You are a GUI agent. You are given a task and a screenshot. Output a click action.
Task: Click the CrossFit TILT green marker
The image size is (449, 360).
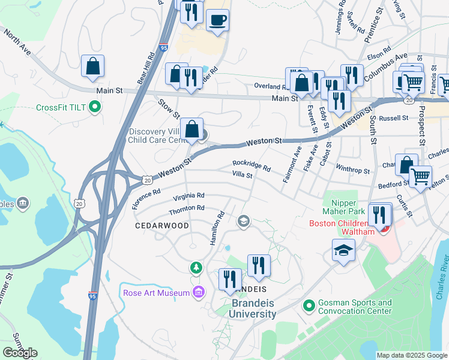click(x=94, y=108)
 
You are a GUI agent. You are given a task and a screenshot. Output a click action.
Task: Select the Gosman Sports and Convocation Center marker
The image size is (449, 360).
click(x=309, y=307)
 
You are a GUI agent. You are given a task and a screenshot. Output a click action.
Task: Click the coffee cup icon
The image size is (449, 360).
click(x=217, y=20)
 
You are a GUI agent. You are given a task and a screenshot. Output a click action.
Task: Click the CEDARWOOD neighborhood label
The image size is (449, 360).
click(x=161, y=226)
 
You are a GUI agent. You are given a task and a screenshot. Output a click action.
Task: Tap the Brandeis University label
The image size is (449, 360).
click(x=254, y=308)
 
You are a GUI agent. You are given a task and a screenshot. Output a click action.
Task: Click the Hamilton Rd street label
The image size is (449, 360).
click(x=217, y=228)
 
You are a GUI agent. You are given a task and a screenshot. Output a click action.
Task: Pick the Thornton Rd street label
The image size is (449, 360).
click(x=187, y=208)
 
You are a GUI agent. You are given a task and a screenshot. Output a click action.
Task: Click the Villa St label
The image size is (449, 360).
click(x=242, y=175)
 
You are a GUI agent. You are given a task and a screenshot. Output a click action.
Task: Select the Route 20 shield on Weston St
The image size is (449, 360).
click(x=147, y=179)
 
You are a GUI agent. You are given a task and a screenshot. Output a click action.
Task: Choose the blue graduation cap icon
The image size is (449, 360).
click(x=343, y=251)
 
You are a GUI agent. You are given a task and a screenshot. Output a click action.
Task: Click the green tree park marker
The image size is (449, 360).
click(x=194, y=266)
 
